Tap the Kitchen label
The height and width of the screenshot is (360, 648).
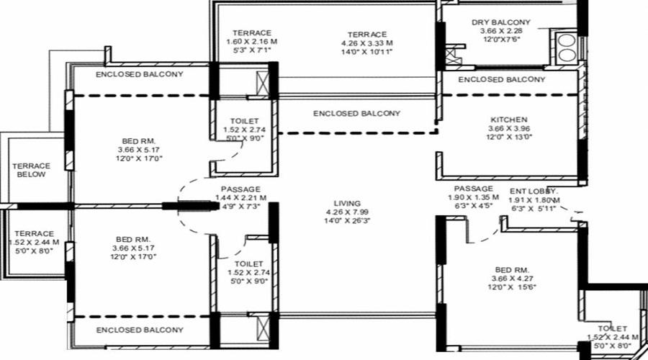[x=509, y=120]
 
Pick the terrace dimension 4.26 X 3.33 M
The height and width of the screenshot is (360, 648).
[x=367, y=43]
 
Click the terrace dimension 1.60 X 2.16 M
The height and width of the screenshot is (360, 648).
[x=251, y=42]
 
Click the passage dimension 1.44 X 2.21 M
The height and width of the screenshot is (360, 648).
[x=240, y=198]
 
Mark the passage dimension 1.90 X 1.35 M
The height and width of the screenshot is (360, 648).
[x=474, y=199]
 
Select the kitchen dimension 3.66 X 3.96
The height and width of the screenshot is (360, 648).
[x=509, y=129]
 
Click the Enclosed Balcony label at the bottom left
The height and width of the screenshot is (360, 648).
[x=140, y=330]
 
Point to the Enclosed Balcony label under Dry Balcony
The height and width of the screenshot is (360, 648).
[x=502, y=79]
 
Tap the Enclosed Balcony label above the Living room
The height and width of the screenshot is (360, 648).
[x=357, y=114]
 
